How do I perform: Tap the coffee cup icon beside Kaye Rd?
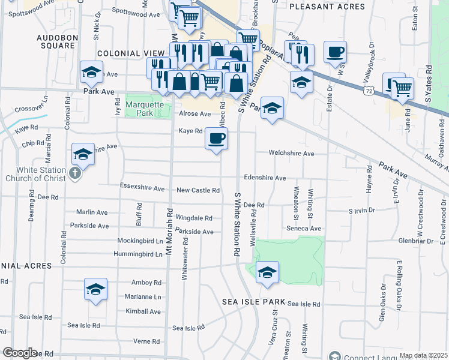tap(216, 139)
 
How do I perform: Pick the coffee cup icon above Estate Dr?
tap(335, 52)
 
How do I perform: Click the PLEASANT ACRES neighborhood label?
tap(327, 7)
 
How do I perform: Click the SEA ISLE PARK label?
tap(247, 301)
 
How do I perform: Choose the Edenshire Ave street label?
tap(265, 178)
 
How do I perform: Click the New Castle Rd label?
tap(198, 190)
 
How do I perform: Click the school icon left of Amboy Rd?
tap(95, 290)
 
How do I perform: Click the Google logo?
tap(20, 353)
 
